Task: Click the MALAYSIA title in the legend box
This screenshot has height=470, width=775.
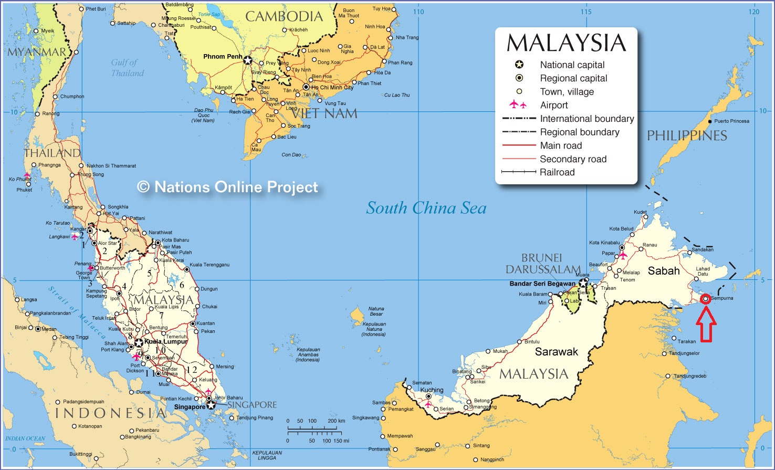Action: pos(566,43)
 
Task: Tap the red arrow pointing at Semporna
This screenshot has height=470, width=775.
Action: pos(706,325)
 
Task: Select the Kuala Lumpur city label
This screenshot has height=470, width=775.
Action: pos(166,341)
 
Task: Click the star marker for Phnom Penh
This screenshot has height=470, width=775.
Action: pos(247,60)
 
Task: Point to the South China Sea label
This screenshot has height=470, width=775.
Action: pos(426,208)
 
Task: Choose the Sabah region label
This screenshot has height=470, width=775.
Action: pos(664,271)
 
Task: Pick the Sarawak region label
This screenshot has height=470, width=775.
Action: pos(556,351)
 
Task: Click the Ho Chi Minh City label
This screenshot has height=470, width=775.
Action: pos(332,88)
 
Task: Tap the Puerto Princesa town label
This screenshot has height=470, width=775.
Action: pos(731,121)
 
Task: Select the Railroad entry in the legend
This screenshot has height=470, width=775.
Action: pos(557,172)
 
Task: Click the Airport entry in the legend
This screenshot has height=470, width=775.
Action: pos(553,105)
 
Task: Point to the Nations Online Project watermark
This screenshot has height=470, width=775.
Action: pos(228,187)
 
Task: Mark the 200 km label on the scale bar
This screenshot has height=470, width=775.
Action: pos(336,421)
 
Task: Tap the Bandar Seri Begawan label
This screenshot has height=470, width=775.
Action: pos(542,284)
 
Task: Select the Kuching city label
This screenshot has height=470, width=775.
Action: pos(432,390)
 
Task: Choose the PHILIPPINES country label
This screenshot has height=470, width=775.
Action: pos(686,135)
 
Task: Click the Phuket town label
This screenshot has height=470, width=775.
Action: pos(24,190)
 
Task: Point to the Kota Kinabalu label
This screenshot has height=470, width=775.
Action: pos(604,243)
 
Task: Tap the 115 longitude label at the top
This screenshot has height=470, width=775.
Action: pos(585,12)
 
